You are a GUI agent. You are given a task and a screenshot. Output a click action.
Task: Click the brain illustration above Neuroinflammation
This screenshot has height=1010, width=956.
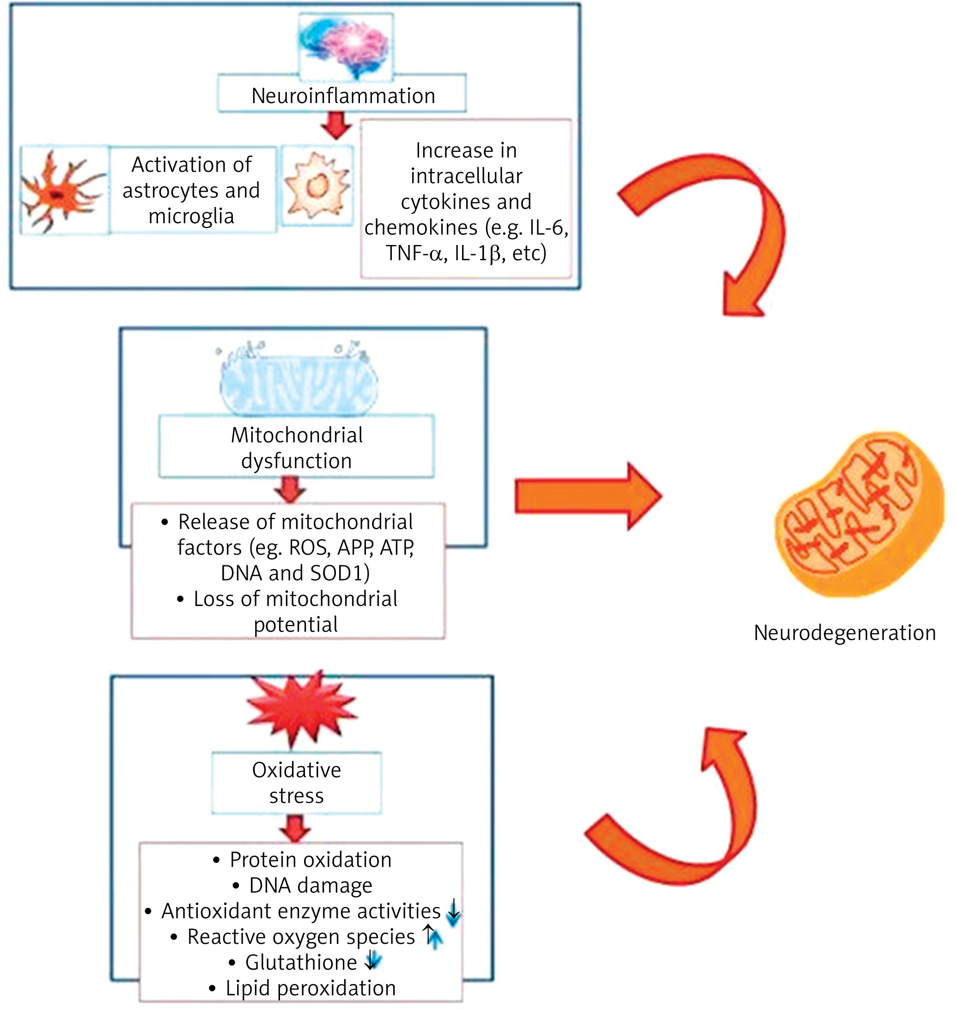tap(345, 46)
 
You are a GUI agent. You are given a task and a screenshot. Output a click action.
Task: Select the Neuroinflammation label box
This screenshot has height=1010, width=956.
tap(342, 95)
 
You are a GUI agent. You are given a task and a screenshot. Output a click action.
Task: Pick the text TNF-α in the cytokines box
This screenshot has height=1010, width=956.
tap(413, 253)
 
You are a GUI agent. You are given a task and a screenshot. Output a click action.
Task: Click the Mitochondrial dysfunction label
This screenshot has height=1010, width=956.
tap(296, 447)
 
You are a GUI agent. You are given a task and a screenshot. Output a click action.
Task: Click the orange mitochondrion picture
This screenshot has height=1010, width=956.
tap(858, 515)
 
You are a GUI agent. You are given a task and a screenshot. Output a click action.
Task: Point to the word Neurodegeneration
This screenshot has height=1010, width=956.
tap(844, 633)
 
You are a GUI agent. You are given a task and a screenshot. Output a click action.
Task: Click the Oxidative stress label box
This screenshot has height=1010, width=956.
tap(296, 783)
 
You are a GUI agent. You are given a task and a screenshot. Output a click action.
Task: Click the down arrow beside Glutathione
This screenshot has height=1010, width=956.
tap(373, 961)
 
